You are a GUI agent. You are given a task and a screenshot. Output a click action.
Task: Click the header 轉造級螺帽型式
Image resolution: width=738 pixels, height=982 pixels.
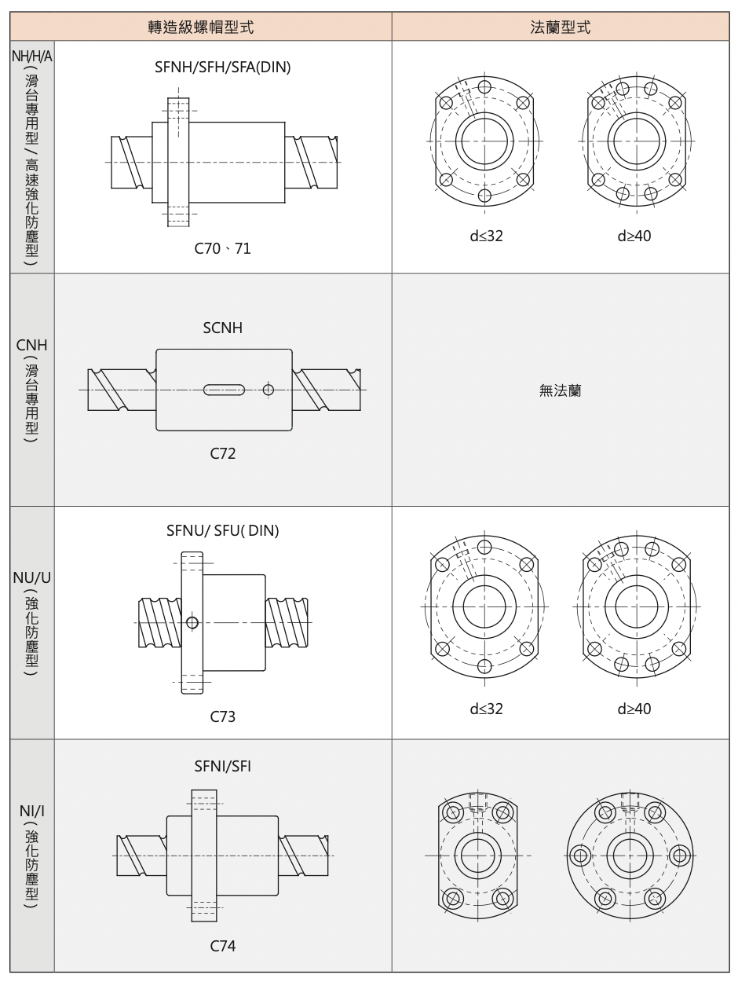201,27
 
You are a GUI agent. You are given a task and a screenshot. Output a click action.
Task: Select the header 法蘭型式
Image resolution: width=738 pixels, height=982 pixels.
560,27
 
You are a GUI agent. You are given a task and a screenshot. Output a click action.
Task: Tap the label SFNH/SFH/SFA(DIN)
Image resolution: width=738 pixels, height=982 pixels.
223,67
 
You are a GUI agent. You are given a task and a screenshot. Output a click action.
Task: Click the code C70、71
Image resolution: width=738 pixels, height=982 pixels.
223,248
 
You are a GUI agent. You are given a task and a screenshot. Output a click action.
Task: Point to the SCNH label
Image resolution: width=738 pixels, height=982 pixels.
223,328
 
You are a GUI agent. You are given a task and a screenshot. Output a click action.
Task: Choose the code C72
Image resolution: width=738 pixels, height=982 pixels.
223,453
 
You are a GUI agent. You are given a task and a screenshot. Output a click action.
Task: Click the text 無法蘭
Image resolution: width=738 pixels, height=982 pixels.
560,390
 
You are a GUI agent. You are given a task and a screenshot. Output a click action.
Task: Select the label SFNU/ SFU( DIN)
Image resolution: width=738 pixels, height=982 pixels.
223,530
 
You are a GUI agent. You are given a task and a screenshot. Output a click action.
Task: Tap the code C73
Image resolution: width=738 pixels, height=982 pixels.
223,716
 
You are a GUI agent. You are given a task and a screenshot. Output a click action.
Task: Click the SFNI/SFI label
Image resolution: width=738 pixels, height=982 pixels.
223,767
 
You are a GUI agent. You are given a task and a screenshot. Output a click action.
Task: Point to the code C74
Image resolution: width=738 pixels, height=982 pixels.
223,946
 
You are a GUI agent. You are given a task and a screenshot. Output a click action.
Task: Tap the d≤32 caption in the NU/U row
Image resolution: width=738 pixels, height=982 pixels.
486,709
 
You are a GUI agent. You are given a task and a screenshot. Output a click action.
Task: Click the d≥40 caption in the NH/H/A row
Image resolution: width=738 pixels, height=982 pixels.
634,236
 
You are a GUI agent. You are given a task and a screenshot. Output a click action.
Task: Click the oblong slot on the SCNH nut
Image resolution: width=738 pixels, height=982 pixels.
224,390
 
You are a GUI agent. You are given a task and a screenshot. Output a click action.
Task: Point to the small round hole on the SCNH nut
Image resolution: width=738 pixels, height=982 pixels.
269,390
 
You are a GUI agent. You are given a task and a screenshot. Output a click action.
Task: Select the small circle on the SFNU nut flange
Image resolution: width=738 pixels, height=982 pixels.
192,622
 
